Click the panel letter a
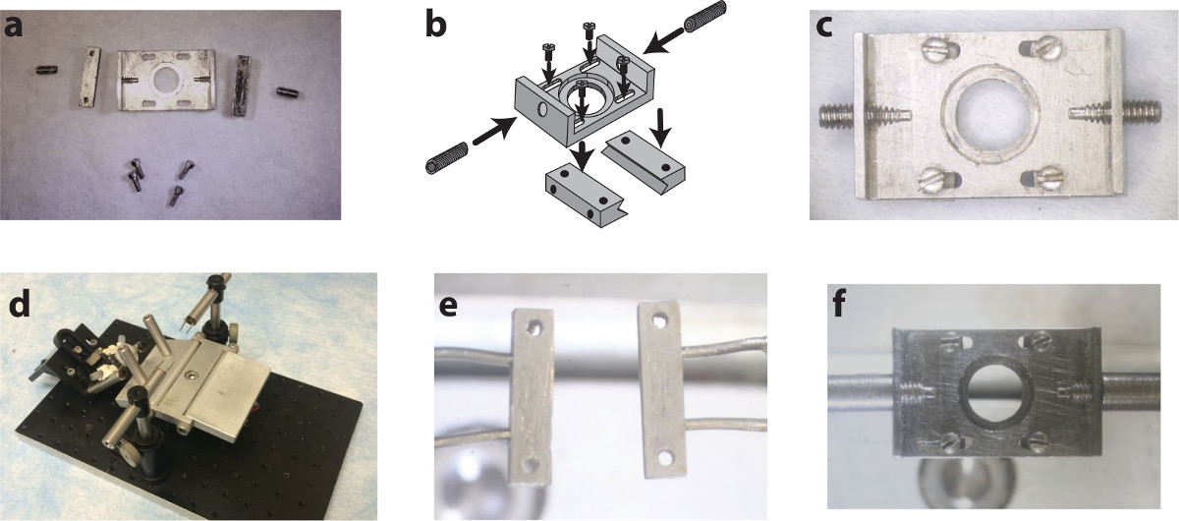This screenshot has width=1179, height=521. click(13, 27)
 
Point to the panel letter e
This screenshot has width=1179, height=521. click(448, 307)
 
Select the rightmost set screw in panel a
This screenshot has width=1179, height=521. click(289, 92)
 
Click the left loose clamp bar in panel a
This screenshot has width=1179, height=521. click(90, 77)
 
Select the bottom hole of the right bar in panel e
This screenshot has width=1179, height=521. click(665, 458)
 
